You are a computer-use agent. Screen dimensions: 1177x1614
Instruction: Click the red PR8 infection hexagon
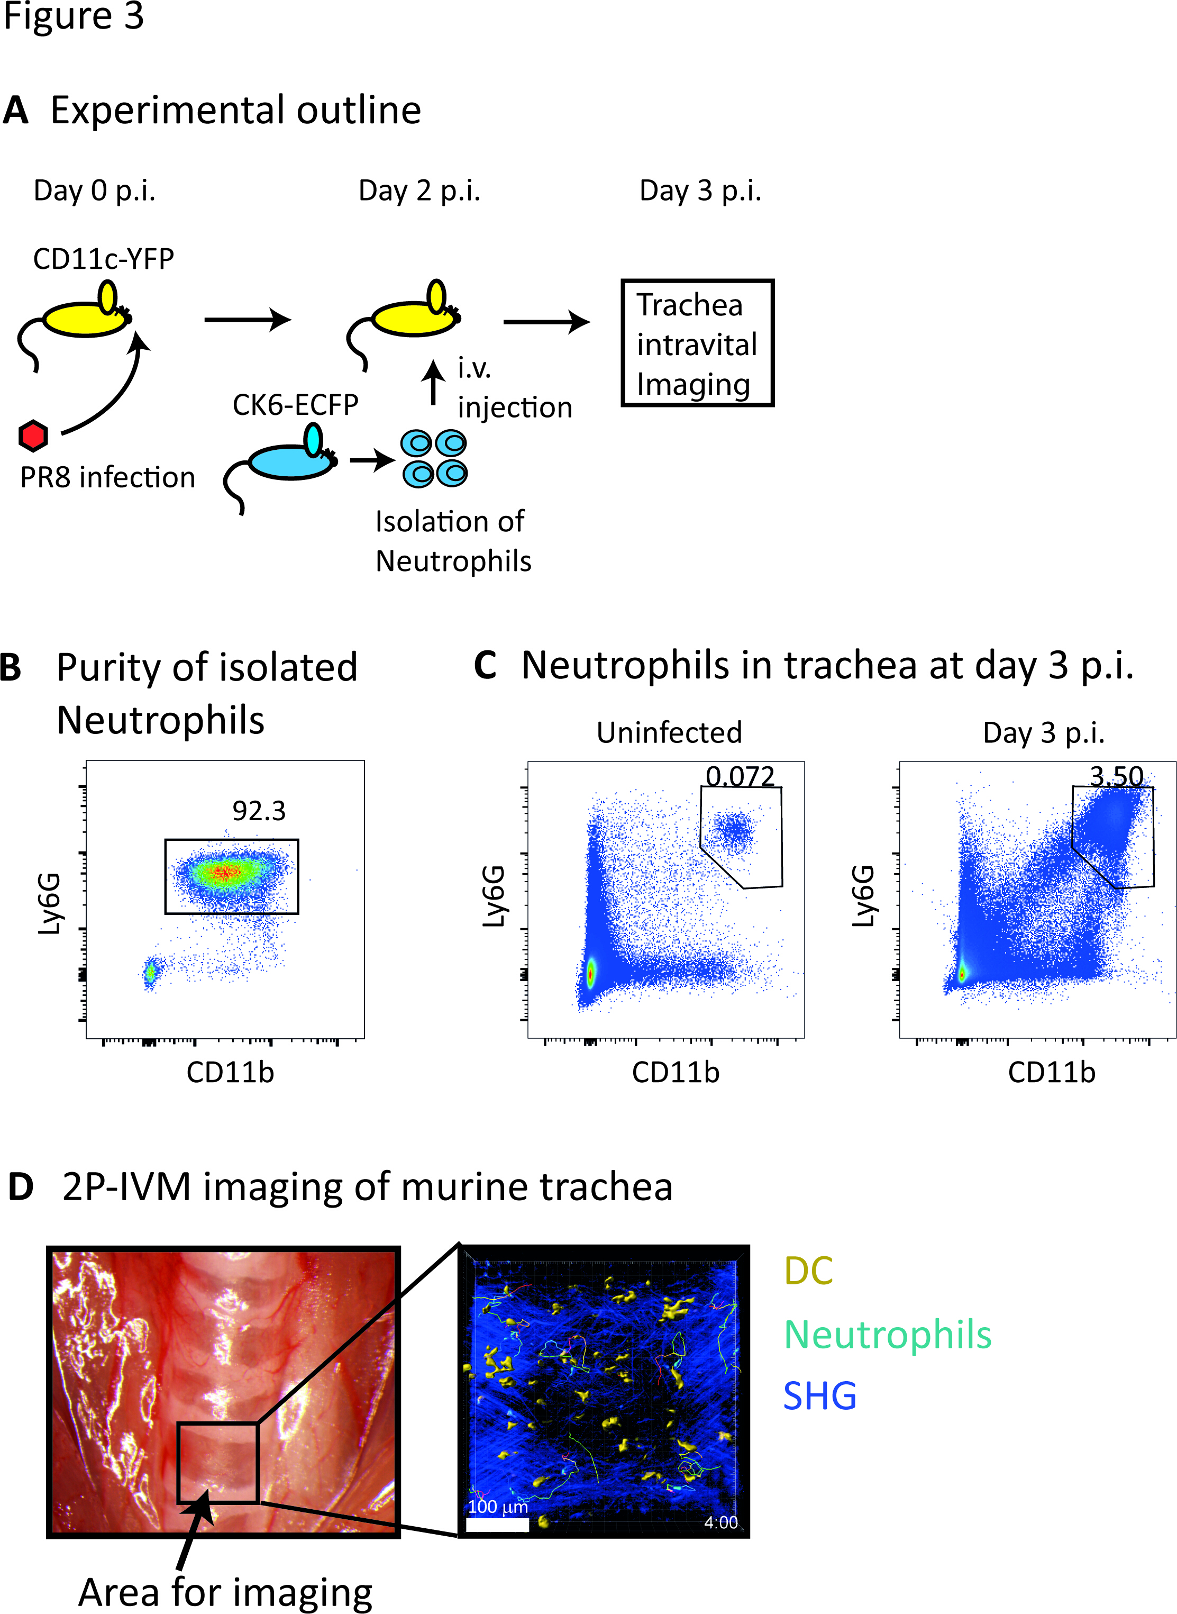coord(33,436)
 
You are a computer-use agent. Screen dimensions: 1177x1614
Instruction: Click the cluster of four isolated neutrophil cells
coord(434,458)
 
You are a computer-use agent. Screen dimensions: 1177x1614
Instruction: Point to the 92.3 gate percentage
coord(259,811)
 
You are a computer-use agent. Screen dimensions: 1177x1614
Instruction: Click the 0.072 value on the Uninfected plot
coord(740,776)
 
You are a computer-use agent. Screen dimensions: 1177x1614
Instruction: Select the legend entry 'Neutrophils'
coord(887,1335)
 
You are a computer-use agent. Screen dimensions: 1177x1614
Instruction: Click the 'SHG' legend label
coord(819,1396)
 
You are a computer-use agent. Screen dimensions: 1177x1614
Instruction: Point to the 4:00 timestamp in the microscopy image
coord(720,1522)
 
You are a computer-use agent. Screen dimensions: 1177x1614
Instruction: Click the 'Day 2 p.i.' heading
coord(419,191)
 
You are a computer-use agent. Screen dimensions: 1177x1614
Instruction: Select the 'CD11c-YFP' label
coord(103,259)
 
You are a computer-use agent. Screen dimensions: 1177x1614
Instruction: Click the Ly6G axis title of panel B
coord(50,903)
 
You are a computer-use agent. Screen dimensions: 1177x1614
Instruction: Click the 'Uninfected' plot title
coord(669,732)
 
